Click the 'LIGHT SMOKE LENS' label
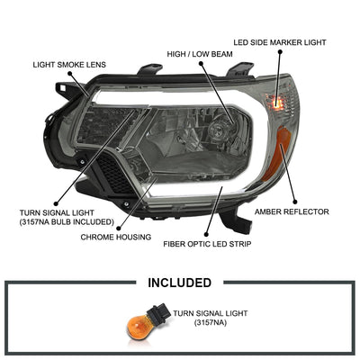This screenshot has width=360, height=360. pos(69,65)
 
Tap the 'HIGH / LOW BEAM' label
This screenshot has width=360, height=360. pos(200,54)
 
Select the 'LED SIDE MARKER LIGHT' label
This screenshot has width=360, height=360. pos(280,42)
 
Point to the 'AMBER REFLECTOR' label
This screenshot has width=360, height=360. pos(292,211)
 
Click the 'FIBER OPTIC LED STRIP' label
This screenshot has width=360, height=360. pos(207,244)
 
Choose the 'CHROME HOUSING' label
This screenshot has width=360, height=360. pos(116,238)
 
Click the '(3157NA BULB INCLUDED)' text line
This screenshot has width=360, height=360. pos(67,222)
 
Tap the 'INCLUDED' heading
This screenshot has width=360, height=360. pos(180,283)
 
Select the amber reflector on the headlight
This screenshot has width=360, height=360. pos(278,154)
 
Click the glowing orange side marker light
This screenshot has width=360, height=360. pos(278,103)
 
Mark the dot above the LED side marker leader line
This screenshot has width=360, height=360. pos(280,51)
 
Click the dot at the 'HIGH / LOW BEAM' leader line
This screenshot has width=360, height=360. pos(201,63)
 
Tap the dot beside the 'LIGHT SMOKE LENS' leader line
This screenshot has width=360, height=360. pos(70,73)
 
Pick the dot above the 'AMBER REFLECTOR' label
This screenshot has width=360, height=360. pos(295,202)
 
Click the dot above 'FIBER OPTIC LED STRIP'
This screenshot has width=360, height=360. pos(206,235)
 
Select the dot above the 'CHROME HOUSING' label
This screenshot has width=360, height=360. pos(119,229)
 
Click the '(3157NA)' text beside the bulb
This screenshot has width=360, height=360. pos(211,323)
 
